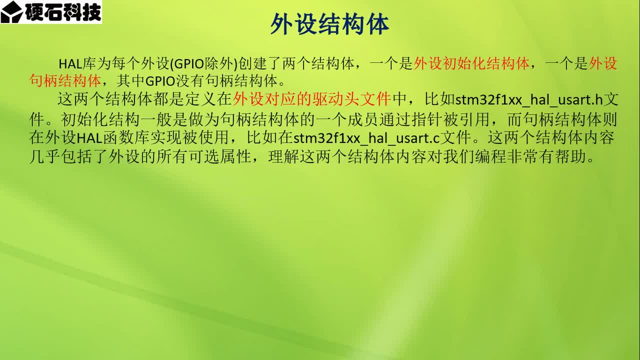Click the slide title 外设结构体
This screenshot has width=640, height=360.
[329, 24]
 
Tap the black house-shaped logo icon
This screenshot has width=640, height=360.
[11, 12]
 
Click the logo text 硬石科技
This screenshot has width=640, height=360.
[63, 11]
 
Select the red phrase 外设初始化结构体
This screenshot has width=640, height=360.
[471, 63]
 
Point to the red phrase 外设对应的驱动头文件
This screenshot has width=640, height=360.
[311, 99]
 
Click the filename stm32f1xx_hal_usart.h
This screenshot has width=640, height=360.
[529, 99]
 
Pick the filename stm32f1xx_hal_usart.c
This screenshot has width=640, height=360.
[366, 138]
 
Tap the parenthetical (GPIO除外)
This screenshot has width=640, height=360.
[204, 63]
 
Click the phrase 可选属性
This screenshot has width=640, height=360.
[220, 156]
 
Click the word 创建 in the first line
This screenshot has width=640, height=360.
[252, 63]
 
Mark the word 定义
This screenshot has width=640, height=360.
[201, 99]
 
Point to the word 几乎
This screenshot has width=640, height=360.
[44, 156]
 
